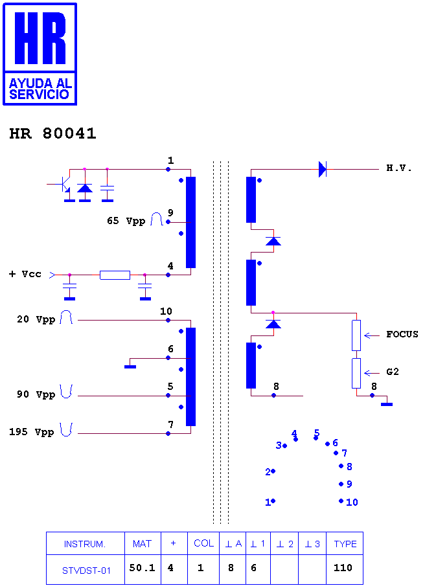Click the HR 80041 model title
tap(52, 133)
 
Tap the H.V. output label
tap(399, 168)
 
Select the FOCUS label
tap(402, 334)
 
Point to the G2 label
tap(393, 372)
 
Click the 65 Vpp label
tap(126, 221)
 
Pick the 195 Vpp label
tap(32, 432)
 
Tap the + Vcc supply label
tap(25, 274)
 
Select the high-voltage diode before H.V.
tap(323, 169)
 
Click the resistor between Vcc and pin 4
tap(115, 275)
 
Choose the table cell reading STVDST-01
tap(86, 571)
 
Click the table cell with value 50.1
tap(142, 568)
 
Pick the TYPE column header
tap(345, 544)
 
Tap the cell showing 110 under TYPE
tap(343, 568)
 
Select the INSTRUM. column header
tap(85, 544)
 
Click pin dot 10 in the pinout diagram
tap(341, 501)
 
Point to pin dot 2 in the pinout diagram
tap(273, 471)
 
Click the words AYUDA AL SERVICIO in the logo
tap(40, 89)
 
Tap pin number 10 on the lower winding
tap(166, 311)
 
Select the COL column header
tap(203, 543)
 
